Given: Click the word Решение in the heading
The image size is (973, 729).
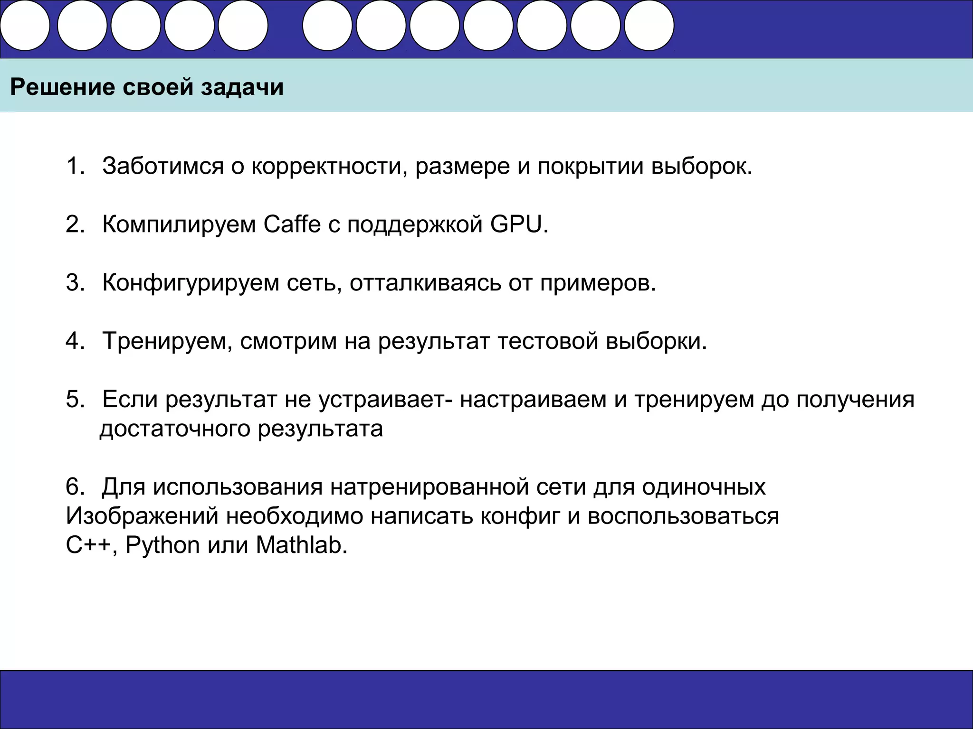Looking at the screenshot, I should coord(62,88).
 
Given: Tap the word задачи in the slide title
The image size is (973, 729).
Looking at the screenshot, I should coord(242,88).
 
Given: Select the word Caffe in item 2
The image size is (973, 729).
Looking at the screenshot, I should coord(292,224).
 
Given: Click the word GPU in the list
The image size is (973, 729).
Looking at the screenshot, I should coord(516,224).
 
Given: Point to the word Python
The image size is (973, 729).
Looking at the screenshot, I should coord(162,545).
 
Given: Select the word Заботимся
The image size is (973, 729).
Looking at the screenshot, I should coord(162,166).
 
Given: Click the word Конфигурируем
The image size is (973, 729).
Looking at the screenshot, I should coord(191,283).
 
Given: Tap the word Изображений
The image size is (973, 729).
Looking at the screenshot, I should coord(142,516).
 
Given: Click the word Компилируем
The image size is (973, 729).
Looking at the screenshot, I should coord(179,224).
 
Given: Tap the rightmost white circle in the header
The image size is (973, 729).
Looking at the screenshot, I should coord(649,25).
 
